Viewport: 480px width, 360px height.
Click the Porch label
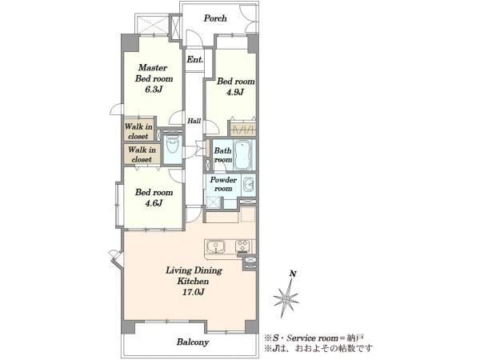(x=215, y=18)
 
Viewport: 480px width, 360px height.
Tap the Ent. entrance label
(x=194, y=59)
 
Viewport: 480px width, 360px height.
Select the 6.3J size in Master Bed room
(x=154, y=90)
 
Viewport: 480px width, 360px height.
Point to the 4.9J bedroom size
(x=235, y=92)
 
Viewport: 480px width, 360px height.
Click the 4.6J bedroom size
(x=154, y=202)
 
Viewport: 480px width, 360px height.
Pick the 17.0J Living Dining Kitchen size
(x=193, y=292)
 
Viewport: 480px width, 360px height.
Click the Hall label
(x=194, y=121)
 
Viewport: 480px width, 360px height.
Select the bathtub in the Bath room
(x=244, y=155)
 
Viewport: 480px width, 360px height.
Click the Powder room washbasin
(x=248, y=185)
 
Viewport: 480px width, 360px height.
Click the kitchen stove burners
(x=242, y=246)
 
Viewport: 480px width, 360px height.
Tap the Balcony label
(x=193, y=342)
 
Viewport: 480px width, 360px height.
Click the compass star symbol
(x=286, y=298)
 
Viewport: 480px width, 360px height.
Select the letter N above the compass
(x=293, y=274)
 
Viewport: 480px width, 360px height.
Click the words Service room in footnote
(x=310, y=338)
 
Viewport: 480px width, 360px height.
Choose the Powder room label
(x=223, y=184)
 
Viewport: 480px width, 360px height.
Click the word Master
(x=153, y=67)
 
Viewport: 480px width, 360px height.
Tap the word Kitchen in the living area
(x=193, y=281)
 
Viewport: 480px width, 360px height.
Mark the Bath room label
(x=223, y=155)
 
